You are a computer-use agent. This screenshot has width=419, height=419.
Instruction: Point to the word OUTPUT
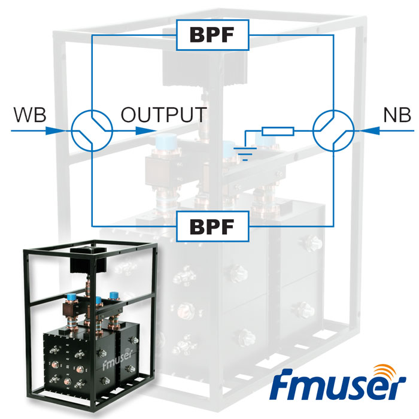click(164, 114)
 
